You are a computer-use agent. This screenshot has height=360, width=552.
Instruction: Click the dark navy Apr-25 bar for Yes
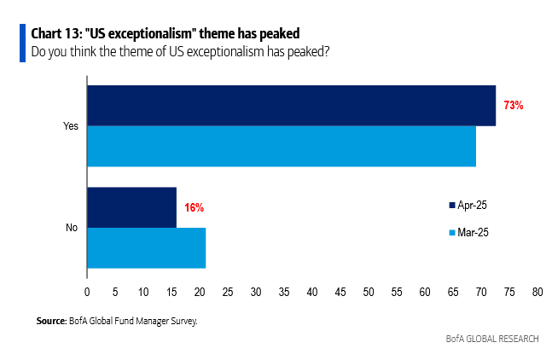coord(290,105)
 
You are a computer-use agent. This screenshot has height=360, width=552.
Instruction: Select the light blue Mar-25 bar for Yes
coord(282,146)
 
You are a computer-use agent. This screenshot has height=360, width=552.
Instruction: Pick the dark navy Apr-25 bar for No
coord(131,207)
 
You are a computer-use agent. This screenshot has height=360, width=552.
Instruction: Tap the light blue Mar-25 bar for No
coord(146,248)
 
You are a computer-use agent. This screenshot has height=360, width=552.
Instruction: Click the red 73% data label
coord(513,106)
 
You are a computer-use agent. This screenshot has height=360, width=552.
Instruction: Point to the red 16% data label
coord(194,207)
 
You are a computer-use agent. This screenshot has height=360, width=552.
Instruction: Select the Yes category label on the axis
coord(71,125)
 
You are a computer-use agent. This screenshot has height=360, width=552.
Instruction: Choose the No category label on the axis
coord(72,228)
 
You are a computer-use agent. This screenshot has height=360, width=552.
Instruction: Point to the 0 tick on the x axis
coord(87,292)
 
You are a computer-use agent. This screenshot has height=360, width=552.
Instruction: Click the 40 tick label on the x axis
coord(312,292)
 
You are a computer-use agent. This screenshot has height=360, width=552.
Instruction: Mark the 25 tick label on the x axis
coord(228,292)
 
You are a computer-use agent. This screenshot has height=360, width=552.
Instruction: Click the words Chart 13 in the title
coord(53,33)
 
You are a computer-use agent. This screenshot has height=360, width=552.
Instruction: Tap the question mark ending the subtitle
coord(328,52)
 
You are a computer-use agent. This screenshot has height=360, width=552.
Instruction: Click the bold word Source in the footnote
coord(50,321)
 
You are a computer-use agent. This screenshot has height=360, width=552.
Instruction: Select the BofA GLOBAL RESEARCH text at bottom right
coord(492,339)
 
